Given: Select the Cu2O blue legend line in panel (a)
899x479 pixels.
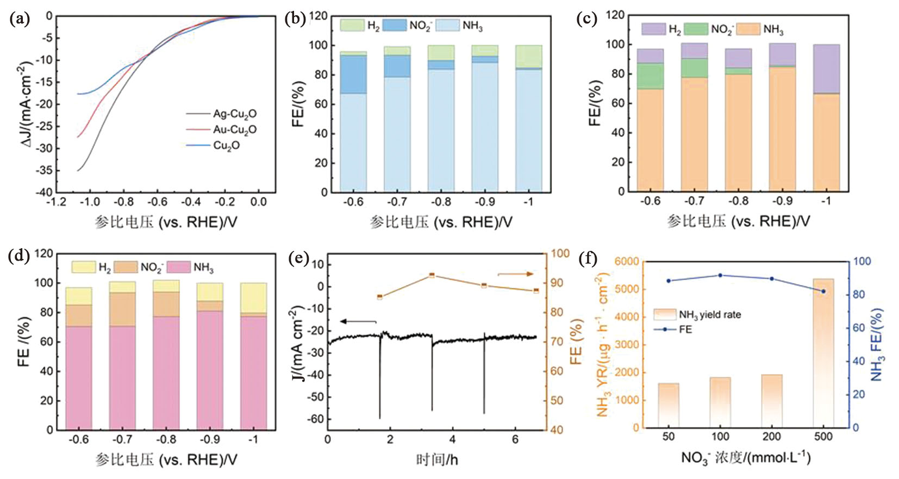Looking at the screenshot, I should (x=198, y=146).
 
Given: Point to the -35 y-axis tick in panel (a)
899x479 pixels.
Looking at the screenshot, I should (x=46, y=171).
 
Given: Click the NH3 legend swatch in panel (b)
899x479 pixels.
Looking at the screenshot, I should (x=448, y=25).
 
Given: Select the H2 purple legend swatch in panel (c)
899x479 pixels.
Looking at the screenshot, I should (x=653, y=29).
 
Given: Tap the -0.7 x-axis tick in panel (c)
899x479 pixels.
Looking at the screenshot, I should (x=694, y=201).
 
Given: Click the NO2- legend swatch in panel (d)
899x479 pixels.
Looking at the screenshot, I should (x=126, y=267).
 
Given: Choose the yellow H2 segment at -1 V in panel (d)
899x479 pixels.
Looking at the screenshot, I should (x=253, y=298).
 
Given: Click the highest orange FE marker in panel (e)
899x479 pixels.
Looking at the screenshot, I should (x=432, y=275).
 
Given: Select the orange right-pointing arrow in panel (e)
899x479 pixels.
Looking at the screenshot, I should (x=516, y=274).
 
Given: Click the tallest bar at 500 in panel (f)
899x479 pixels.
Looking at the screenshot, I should (x=823, y=353).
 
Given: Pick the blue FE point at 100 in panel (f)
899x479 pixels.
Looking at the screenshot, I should (x=720, y=275).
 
